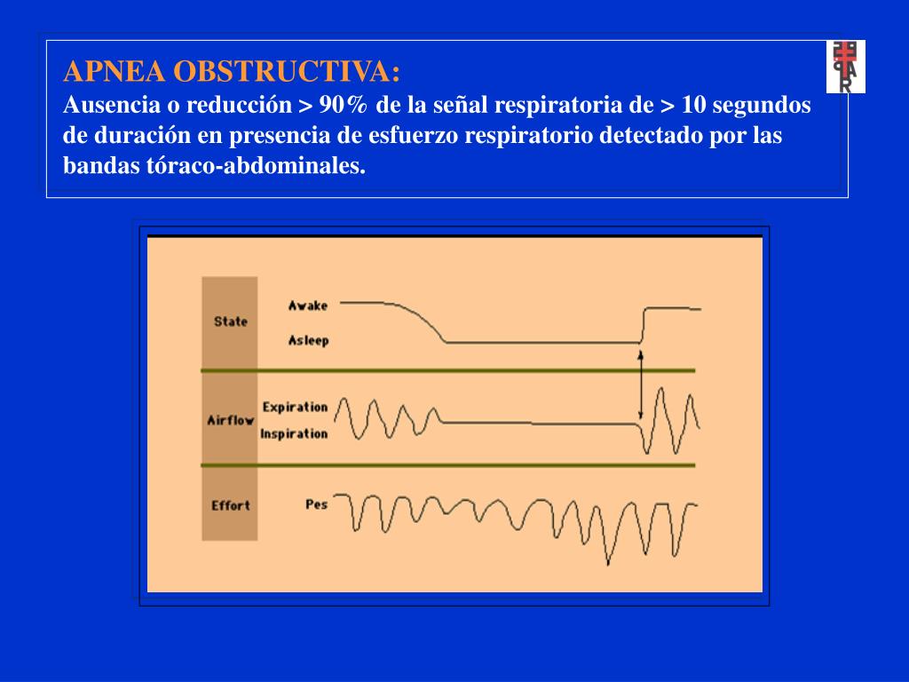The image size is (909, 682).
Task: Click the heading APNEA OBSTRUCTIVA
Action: (232, 71)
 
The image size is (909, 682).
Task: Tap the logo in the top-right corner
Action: (845, 67)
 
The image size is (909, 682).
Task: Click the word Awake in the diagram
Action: (308, 305)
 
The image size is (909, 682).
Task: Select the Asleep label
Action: (308, 340)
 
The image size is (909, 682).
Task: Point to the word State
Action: (231, 321)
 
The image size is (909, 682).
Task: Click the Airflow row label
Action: (231, 420)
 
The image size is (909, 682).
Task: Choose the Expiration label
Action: (295, 407)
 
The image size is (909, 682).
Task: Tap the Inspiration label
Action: (294, 434)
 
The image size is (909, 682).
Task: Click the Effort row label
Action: (231, 505)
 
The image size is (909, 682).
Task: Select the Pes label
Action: (316, 504)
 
